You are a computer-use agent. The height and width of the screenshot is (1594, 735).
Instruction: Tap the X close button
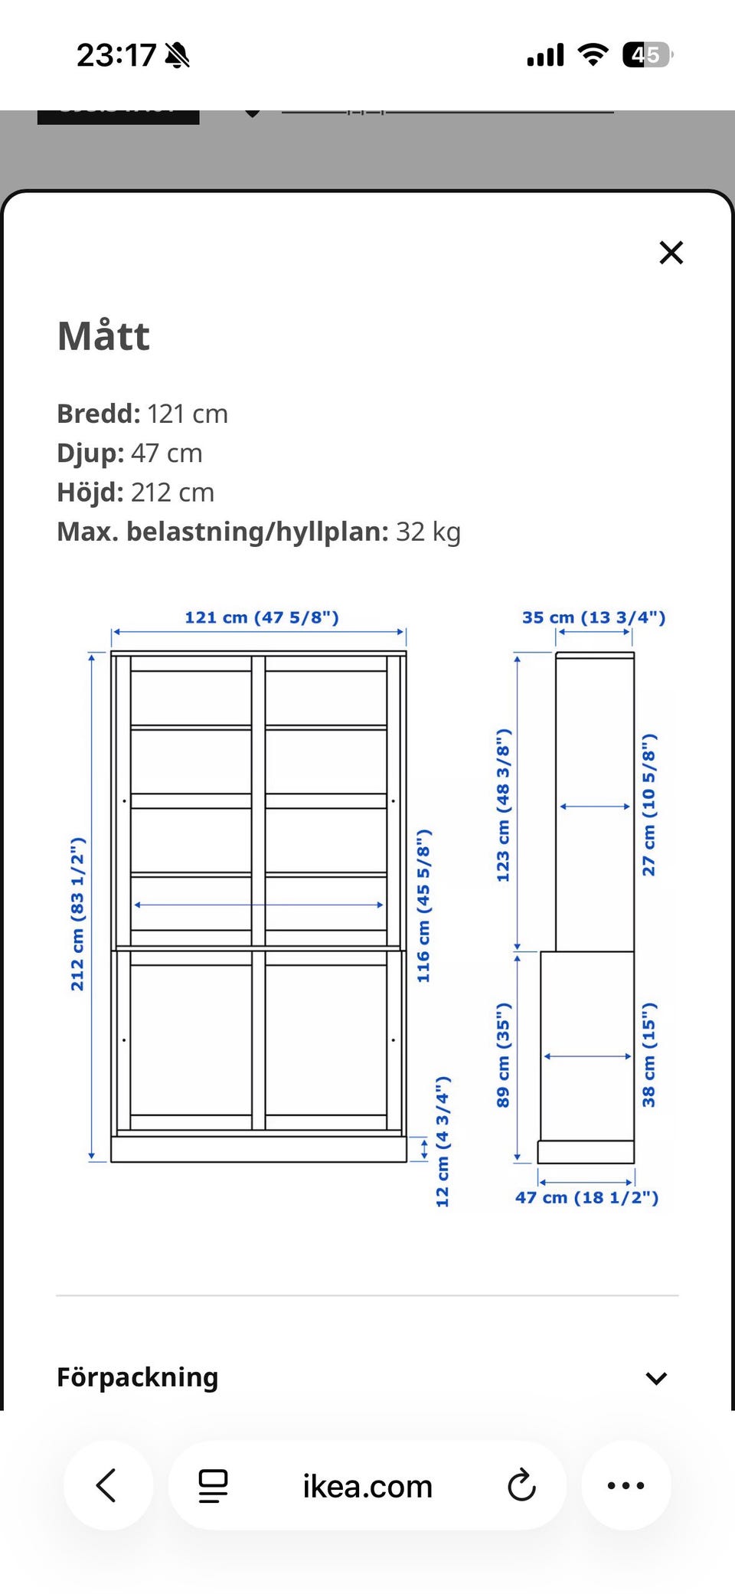click(x=671, y=253)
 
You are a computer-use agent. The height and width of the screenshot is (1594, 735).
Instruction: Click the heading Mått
click(x=103, y=336)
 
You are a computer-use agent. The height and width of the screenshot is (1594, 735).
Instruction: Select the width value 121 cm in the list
click(x=187, y=414)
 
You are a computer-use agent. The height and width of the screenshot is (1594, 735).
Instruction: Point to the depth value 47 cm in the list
click(x=166, y=453)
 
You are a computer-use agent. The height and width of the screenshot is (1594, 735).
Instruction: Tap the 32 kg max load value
click(x=428, y=532)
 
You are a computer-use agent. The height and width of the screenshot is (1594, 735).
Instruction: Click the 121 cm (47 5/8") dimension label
click(x=261, y=617)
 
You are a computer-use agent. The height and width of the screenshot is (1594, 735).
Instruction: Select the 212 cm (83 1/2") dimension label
click(x=77, y=914)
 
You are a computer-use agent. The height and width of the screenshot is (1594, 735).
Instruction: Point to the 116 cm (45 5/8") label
click(x=423, y=905)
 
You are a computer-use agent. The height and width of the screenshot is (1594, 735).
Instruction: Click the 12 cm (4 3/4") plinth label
click(x=443, y=1141)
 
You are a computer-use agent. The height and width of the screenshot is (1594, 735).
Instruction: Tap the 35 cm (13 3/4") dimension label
click(x=593, y=617)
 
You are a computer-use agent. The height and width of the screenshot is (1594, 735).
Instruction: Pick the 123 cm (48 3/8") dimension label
click(x=503, y=805)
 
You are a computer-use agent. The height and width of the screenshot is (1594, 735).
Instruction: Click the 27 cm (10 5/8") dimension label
click(x=648, y=805)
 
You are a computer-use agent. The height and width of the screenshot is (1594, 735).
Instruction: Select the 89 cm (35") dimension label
click(x=503, y=1055)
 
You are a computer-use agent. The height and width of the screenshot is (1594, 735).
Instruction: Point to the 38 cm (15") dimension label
click(x=648, y=1055)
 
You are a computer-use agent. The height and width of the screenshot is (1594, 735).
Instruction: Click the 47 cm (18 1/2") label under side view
click(x=586, y=1197)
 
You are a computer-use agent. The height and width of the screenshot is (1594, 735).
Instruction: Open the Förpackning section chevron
click(x=656, y=1379)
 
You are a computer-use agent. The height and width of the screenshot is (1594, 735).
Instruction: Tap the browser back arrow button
click(x=107, y=1485)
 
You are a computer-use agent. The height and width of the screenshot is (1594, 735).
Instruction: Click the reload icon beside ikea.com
click(x=521, y=1486)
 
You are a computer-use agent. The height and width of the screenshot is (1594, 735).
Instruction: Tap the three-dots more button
click(x=626, y=1486)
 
